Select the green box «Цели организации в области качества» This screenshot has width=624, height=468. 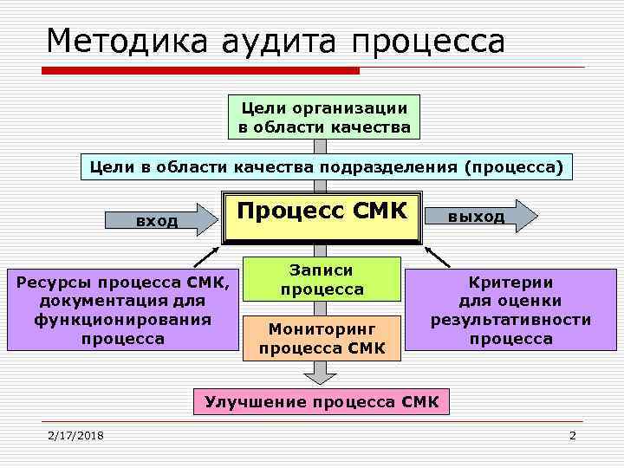point(323,117)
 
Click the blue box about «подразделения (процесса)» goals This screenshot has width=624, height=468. point(326,166)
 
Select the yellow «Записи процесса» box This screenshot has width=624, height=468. point(322,280)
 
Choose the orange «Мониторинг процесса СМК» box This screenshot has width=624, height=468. point(322,339)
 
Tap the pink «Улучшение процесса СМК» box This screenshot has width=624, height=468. point(322,401)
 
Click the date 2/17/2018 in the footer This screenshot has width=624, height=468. point(75,434)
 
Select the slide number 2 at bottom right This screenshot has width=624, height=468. point(572,434)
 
